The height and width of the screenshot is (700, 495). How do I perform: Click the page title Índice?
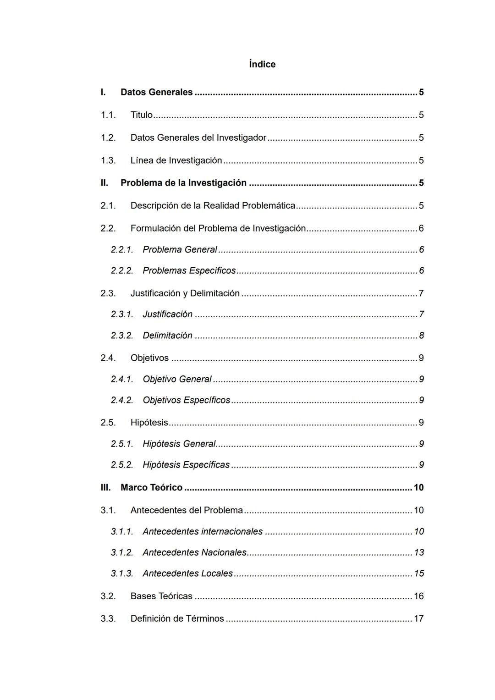(262, 64)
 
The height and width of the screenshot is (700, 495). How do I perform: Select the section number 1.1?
(108, 115)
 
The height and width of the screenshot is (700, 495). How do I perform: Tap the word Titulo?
(141, 115)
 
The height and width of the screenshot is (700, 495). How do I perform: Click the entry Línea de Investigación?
(176, 160)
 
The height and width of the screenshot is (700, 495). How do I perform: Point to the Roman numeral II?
(104, 183)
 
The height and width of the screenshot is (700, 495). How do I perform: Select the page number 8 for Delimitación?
(421, 336)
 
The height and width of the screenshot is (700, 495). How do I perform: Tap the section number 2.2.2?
(122, 270)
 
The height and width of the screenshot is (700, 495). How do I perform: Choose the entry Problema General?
(180, 249)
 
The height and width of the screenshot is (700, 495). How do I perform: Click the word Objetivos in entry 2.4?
(149, 358)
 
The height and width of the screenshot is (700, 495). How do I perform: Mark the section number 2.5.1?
(122, 444)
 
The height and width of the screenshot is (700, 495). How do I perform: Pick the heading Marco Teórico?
(151, 488)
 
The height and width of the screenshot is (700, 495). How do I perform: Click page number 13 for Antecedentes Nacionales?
(419, 552)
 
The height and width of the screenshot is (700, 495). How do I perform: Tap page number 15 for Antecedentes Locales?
(419, 573)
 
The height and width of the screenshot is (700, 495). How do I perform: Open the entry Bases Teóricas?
(161, 596)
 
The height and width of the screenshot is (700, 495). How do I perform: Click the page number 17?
(419, 619)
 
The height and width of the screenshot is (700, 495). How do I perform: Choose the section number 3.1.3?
(122, 573)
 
